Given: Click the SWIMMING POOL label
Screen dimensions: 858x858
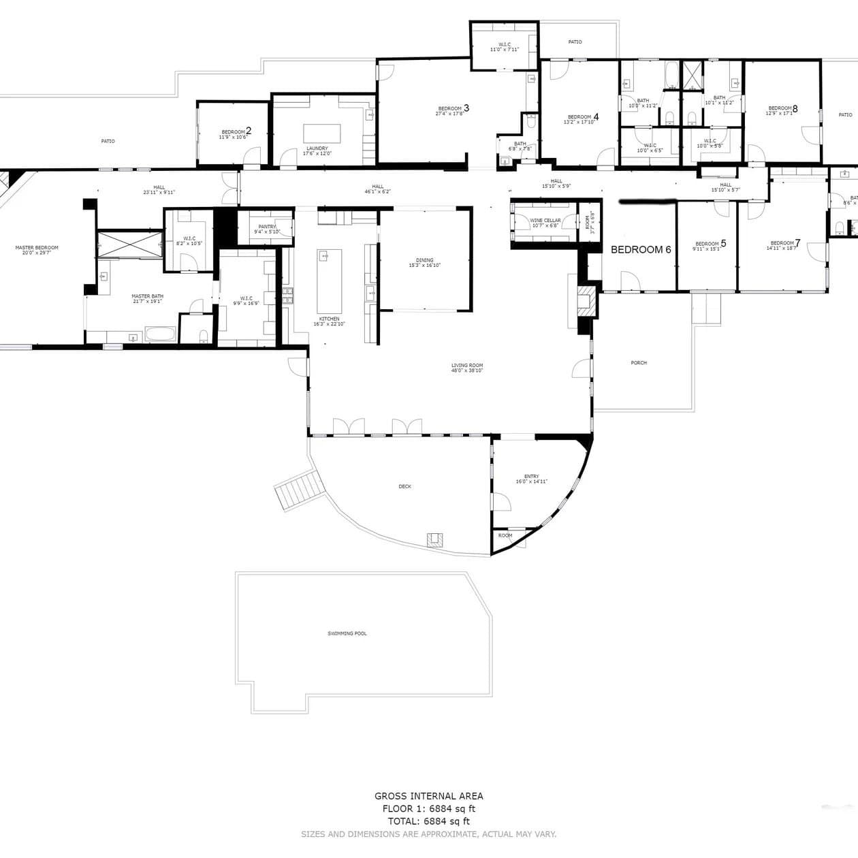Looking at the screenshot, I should click(347, 633).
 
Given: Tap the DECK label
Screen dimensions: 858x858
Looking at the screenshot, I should click(404, 486).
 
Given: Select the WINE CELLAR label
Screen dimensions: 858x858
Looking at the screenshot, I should click(545, 221).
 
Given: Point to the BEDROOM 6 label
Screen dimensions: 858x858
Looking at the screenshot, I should click(641, 250).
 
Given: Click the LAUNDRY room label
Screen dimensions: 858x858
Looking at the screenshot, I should click(317, 148).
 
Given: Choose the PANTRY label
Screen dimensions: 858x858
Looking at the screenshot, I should click(267, 227).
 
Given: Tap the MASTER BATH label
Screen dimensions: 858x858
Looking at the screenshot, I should click(147, 296).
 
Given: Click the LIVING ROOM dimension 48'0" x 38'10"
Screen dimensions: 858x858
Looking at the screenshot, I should click(467, 370).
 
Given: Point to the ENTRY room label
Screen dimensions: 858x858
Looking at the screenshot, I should click(531, 477).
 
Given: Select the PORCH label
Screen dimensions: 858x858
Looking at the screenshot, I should click(638, 363).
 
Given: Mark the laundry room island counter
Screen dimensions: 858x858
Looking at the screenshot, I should click(321, 131).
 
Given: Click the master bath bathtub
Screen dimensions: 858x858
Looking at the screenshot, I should click(161, 334).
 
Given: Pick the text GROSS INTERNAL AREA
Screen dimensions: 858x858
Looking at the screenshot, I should click(428, 795).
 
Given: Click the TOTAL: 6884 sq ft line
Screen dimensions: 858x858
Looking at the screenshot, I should click(428, 821).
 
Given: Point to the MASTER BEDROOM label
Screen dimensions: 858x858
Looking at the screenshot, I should click(37, 248).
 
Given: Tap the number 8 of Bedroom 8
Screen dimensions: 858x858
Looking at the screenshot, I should click(795, 108).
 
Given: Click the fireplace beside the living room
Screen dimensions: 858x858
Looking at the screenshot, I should click(585, 299).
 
